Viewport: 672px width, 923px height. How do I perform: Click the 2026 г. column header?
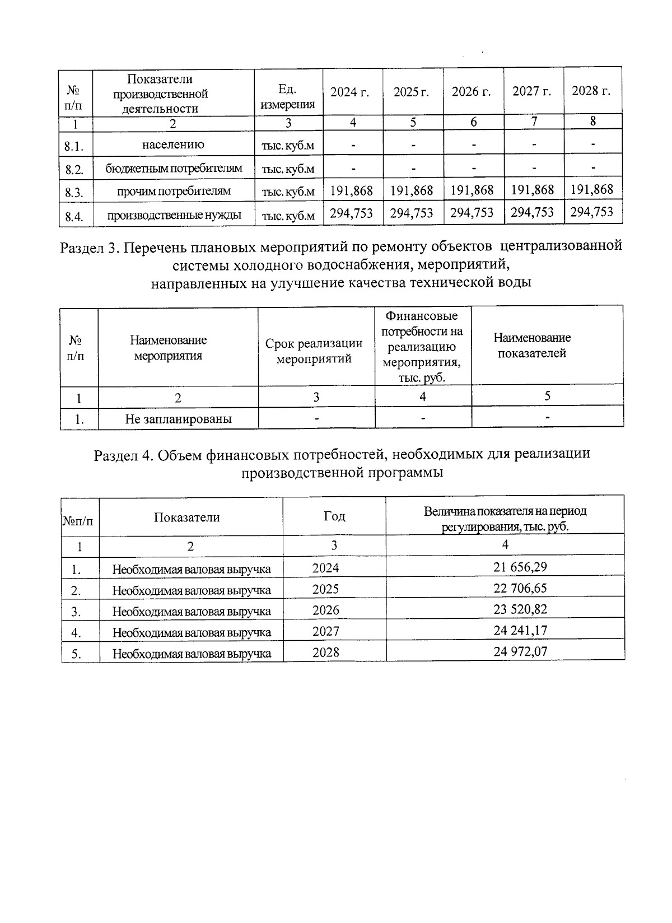click(472, 92)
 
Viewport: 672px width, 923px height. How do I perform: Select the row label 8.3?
click(74, 193)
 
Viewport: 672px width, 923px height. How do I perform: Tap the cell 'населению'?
click(173, 144)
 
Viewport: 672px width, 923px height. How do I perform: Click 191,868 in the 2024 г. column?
click(351, 191)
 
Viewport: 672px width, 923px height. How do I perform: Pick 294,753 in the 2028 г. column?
click(592, 212)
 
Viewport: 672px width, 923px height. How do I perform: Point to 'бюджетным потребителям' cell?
click(174, 168)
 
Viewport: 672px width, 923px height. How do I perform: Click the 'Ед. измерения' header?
click(288, 96)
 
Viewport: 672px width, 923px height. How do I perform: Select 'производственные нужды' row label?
click(174, 215)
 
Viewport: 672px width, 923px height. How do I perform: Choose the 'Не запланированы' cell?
click(178, 418)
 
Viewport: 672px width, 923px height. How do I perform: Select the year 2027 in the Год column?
click(325, 631)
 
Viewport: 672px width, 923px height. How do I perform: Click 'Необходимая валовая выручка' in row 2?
click(192, 590)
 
